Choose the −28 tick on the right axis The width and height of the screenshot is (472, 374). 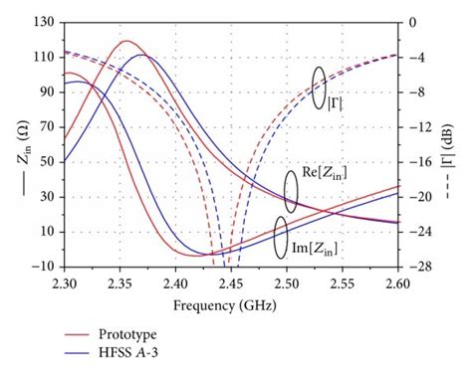422,267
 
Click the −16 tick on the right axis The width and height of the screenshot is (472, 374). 422,162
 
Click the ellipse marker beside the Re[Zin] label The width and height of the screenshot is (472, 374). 293,190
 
